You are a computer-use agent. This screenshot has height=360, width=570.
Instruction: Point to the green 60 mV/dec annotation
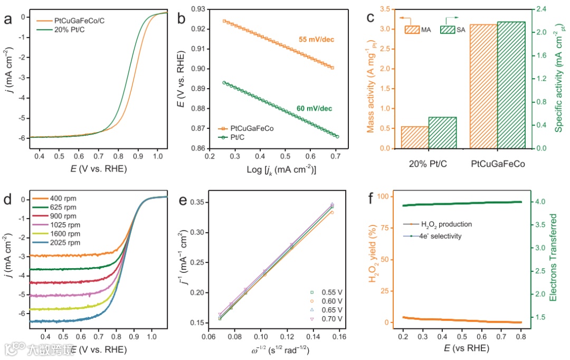pos(314,109)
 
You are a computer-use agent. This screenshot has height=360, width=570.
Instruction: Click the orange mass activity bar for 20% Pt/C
pos(414,137)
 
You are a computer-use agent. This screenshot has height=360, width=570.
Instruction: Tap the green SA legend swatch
pos(448,30)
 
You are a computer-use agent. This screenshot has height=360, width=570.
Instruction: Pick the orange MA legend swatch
pos(412,30)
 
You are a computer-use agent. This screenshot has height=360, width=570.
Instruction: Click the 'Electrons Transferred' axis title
pos(554,253)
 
